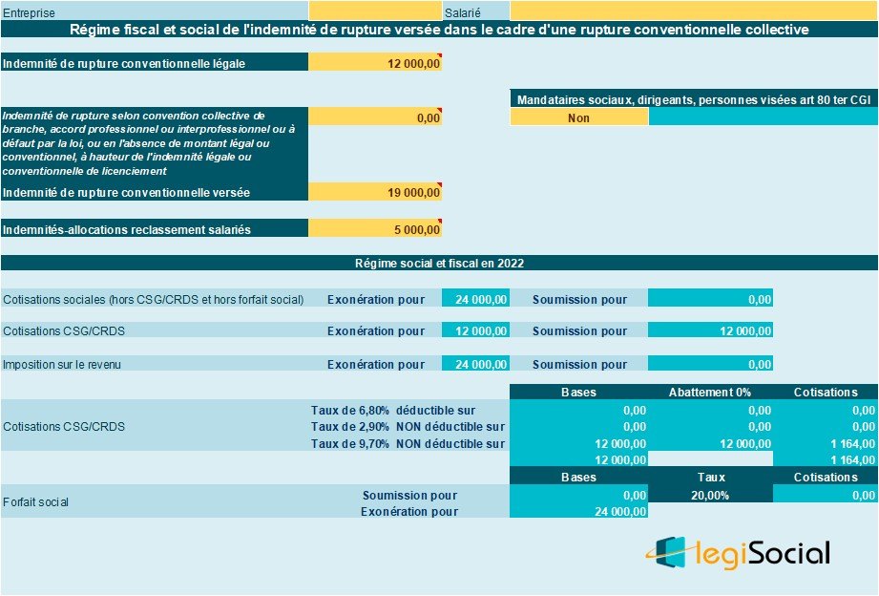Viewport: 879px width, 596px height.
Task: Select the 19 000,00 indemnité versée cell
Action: pos(375,192)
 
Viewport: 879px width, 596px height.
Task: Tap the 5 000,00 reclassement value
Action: pos(375,229)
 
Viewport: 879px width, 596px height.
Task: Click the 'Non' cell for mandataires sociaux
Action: pos(578,118)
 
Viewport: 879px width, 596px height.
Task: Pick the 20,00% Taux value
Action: pos(709,495)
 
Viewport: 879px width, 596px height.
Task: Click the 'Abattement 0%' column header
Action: pos(709,392)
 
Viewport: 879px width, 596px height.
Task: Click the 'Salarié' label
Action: pos(463,12)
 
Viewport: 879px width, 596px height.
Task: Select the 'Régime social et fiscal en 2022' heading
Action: pos(439,263)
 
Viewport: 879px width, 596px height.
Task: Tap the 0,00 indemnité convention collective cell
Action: pos(375,118)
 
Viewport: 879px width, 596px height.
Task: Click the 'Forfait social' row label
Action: pos(35,501)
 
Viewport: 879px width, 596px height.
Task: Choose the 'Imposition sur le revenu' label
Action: pos(62,364)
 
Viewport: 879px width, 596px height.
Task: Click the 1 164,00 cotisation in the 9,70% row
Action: pos(825,443)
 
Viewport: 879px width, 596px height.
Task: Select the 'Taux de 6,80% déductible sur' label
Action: pos(393,410)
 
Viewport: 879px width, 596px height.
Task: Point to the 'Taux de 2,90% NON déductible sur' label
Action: pos(408,426)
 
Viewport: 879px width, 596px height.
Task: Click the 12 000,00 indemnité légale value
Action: pos(375,64)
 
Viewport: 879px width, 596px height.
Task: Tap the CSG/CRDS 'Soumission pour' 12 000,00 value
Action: pos(709,331)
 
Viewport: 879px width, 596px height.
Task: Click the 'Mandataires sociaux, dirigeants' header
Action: pos(693,99)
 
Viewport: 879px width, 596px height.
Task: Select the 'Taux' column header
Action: pos(709,477)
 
